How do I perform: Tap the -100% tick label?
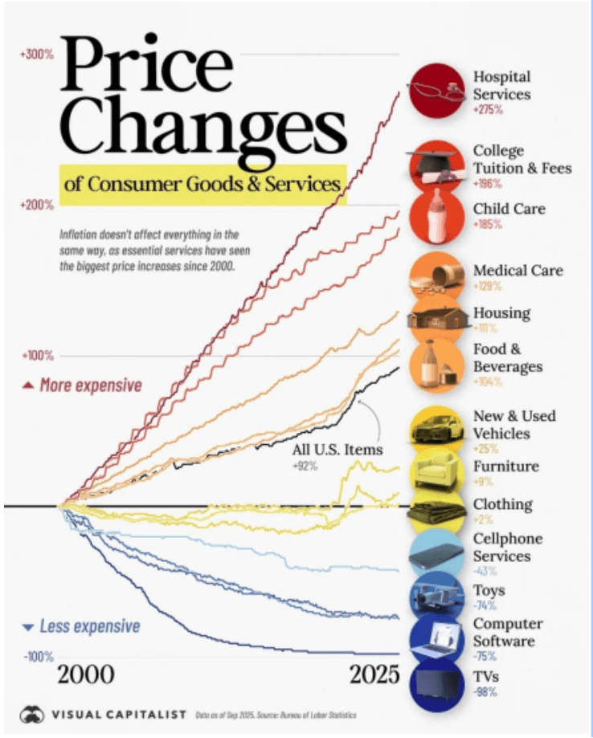[x=38, y=658]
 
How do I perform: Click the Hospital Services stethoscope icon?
[x=437, y=90]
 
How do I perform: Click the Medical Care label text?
[x=518, y=271]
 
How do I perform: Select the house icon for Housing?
[x=437, y=316]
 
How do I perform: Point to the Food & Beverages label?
[x=508, y=357]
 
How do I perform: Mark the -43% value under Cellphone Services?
[x=485, y=571]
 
